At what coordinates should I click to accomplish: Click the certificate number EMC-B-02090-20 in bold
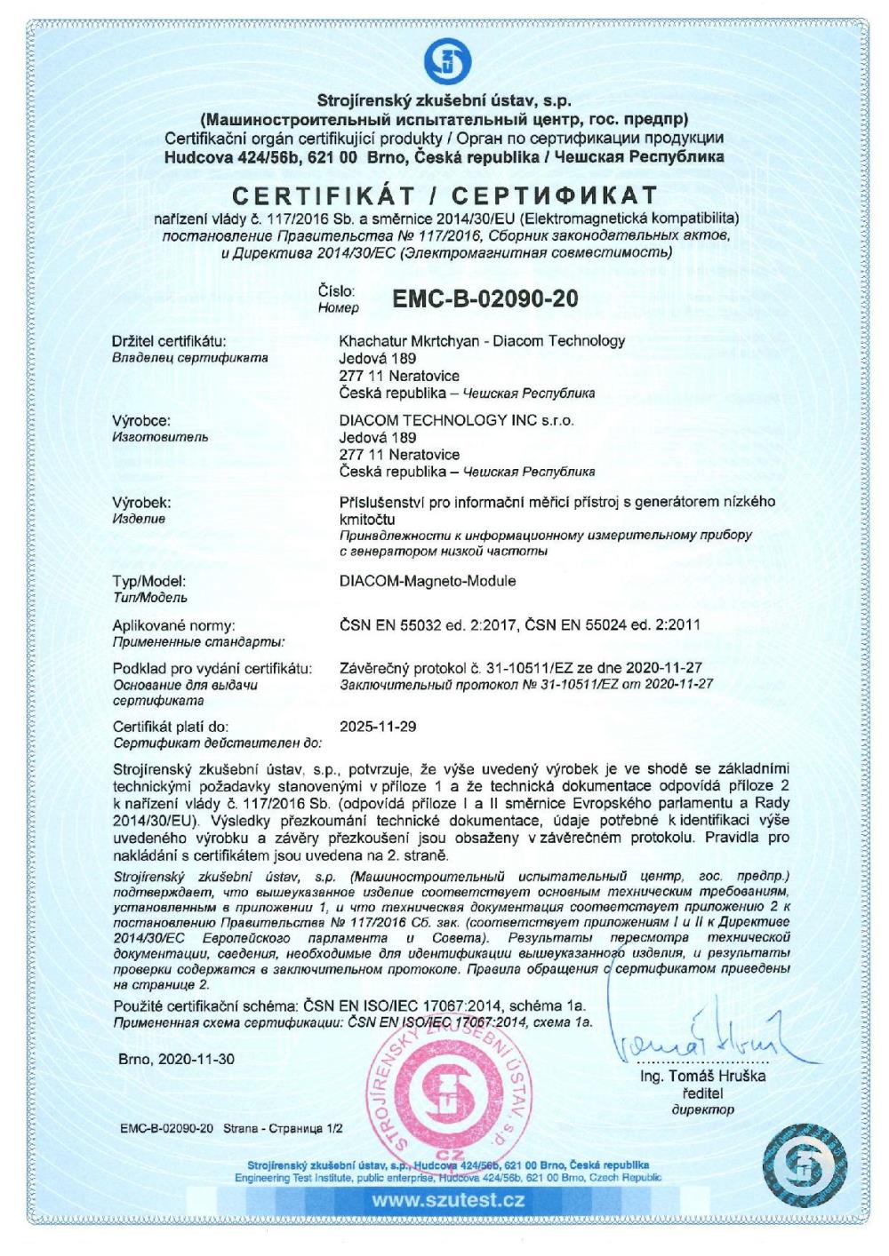(485, 298)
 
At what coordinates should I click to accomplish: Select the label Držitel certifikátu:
(170, 341)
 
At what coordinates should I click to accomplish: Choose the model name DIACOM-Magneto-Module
(428, 582)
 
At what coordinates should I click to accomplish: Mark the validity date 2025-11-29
(378, 727)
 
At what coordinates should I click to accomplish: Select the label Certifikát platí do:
(172, 727)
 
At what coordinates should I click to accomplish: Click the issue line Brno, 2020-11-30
(177, 1060)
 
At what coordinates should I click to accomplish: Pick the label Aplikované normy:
(173, 624)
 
